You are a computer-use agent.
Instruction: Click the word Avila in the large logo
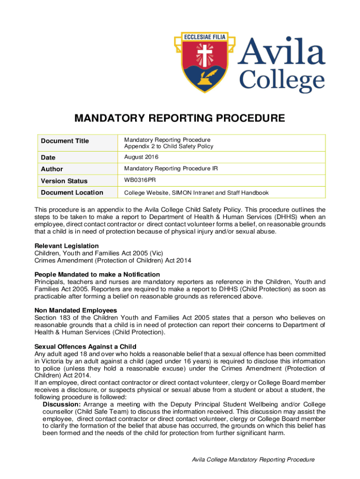pos(282,51)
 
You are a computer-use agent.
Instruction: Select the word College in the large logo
pos(282,81)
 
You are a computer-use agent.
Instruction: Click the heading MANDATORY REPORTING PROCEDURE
pos(180,118)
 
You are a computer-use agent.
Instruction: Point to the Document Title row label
pos(65,141)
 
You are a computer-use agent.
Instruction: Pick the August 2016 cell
pos(141,157)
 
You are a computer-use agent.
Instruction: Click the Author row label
pos(51,169)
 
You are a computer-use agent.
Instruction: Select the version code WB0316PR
pos(140,180)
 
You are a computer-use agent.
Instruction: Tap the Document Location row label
pos(72,192)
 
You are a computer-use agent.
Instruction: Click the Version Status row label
pos(64,181)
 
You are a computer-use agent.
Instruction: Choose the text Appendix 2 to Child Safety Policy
pos(168,146)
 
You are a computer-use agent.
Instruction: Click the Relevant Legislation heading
pos(66,246)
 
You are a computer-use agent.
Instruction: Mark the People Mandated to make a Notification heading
pos(97,274)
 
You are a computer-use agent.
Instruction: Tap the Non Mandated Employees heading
pos(76,310)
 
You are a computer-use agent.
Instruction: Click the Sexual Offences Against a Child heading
pos(85,346)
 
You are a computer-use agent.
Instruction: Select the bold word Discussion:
pos(62,404)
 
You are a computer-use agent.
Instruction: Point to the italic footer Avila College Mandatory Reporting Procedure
pos(253,460)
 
